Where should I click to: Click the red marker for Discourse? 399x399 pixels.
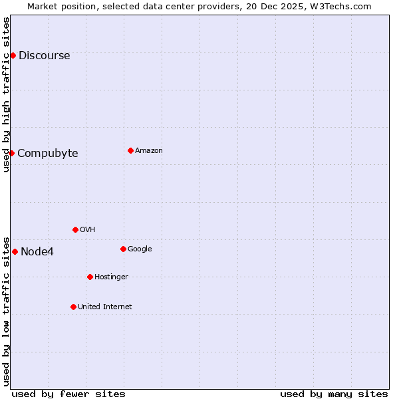click(13, 55)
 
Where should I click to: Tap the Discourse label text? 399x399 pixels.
click(44, 56)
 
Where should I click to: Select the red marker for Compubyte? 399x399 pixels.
click(11, 153)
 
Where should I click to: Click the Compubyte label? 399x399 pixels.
click(47, 154)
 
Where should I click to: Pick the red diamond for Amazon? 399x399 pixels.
click(130, 150)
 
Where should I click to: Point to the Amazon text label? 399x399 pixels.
click(148, 151)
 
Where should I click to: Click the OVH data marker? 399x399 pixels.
click(75, 229)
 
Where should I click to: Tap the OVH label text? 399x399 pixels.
click(87, 230)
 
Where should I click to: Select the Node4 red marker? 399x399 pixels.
click(15, 251)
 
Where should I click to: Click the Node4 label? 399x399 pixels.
click(37, 251)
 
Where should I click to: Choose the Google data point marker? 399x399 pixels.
click(123, 249)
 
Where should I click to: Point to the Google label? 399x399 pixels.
click(140, 249)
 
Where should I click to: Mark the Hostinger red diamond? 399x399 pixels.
click(90, 277)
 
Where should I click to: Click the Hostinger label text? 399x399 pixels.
click(111, 277)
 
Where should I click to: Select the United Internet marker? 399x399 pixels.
click(73, 307)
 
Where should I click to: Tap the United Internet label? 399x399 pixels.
click(104, 307)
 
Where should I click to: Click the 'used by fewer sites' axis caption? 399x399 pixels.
click(68, 394)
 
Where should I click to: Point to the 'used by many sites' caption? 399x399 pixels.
click(333, 394)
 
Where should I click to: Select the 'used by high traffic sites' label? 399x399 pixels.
click(6, 94)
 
